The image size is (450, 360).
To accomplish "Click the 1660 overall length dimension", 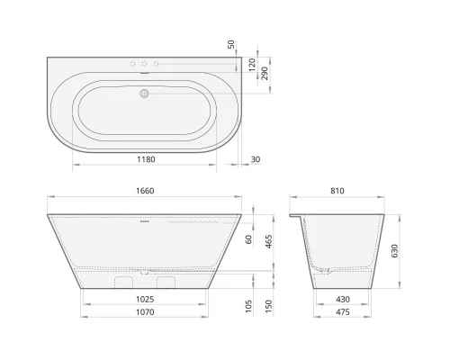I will click(143, 191).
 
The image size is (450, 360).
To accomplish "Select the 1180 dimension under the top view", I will click(145, 160).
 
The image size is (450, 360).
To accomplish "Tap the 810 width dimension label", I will click(337, 191).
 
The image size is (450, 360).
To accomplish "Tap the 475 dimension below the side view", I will click(343, 313).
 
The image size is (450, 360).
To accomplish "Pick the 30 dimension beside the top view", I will click(256, 160).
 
